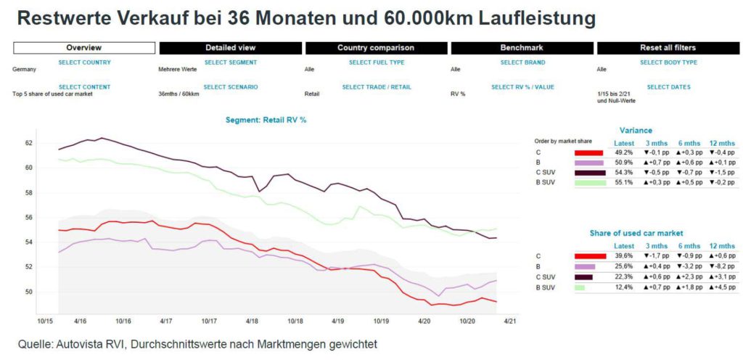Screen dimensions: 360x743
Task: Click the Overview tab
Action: (x=84, y=48)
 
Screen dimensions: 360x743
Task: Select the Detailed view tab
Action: (x=230, y=48)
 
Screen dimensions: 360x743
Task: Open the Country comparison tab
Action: (x=376, y=48)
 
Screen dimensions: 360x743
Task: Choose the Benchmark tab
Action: (x=522, y=48)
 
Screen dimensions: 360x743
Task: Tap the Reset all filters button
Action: (x=668, y=48)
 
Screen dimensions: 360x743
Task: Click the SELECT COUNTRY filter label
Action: (x=84, y=62)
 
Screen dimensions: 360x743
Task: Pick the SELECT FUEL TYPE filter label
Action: (x=377, y=62)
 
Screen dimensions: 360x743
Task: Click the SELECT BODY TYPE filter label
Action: (x=668, y=62)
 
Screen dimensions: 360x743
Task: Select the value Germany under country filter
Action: (x=25, y=70)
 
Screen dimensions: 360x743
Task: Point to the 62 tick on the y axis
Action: (x=29, y=143)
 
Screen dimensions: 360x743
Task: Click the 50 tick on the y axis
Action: (x=29, y=292)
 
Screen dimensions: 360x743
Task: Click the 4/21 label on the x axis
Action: (x=510, y=320)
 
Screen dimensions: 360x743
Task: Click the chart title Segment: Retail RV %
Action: (x=266, y=119)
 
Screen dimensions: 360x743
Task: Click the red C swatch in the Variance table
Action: (x=589, y=153)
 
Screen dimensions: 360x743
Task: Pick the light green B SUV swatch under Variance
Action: (x=589, y=182)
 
